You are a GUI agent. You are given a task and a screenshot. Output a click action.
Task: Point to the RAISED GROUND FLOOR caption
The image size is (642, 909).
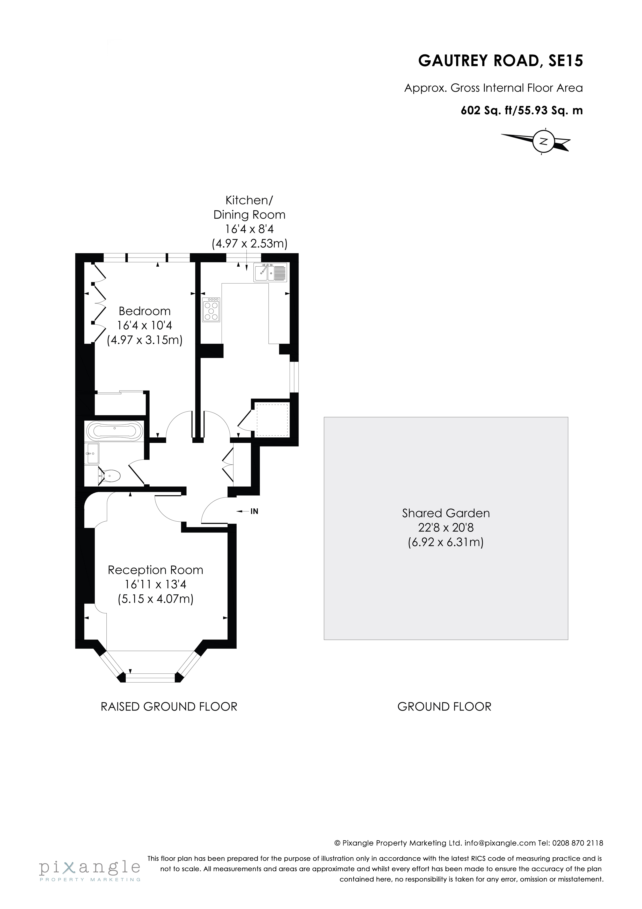169,707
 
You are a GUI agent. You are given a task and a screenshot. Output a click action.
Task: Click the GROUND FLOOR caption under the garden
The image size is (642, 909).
444,707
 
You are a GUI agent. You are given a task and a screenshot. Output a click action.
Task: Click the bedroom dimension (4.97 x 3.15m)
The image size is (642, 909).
145,340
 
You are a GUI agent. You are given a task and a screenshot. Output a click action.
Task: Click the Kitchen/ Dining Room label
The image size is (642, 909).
249,208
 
